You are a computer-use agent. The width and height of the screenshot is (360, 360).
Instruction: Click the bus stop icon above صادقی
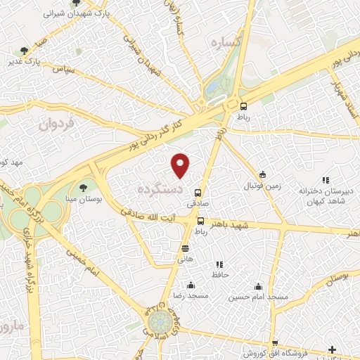[x=198, y=192]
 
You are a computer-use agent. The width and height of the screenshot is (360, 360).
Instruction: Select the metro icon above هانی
[x=185, y=247]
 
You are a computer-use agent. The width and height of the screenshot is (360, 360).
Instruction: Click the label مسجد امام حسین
[x=260, y=297]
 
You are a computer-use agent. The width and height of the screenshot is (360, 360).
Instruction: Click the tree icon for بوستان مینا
[x=84, y=188]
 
